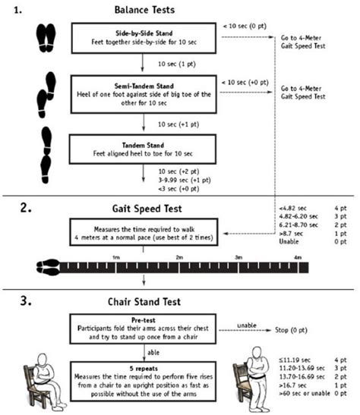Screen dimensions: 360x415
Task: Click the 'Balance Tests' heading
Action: (144, 10)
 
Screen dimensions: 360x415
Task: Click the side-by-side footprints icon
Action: (46, 38)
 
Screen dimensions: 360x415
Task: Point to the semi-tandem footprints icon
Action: (46, 95)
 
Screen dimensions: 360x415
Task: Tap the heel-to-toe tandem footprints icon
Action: (46, 155)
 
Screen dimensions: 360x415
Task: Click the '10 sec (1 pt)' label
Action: (177, 64)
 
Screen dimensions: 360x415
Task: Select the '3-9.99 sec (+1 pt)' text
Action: (185, 181)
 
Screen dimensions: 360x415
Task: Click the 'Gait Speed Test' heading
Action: (147, 209)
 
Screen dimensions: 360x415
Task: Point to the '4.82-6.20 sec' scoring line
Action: (298, 216)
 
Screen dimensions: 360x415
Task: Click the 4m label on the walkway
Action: (298, 257)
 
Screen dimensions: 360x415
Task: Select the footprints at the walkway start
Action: (48, 267)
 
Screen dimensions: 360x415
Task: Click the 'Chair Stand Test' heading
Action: (144, 302)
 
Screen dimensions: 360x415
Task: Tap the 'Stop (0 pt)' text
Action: (291, 330)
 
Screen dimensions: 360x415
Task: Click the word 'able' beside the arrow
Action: (153, 353)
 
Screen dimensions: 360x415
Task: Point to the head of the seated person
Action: (43, 360)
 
